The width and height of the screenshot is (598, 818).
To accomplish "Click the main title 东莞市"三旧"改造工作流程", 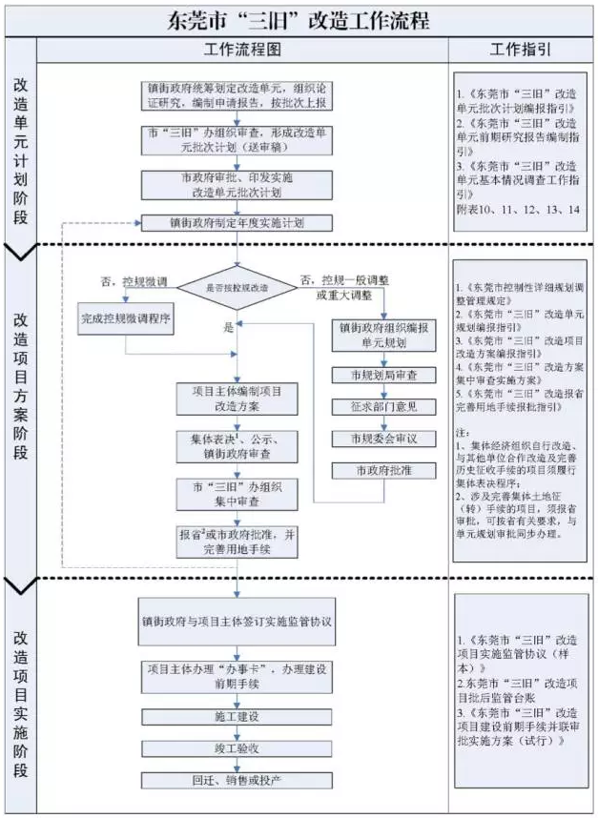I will (298, 18).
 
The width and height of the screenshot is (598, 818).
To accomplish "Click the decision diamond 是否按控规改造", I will (237, 286).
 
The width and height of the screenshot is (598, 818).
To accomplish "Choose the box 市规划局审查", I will (381, 375).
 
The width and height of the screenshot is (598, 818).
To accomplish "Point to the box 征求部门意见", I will (381, 407).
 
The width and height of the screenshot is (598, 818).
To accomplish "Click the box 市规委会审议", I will (381, 439).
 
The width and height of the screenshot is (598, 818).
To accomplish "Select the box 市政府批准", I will (381, 470).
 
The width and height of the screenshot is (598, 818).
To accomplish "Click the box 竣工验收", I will (237, 748).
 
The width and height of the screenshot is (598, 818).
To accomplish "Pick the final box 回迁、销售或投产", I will (237, 780).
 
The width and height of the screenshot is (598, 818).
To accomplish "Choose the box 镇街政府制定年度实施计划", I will (237, 224).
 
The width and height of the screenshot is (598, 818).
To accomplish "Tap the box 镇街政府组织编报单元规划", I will (381, 335).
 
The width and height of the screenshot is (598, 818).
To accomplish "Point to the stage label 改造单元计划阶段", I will (20, 143).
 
